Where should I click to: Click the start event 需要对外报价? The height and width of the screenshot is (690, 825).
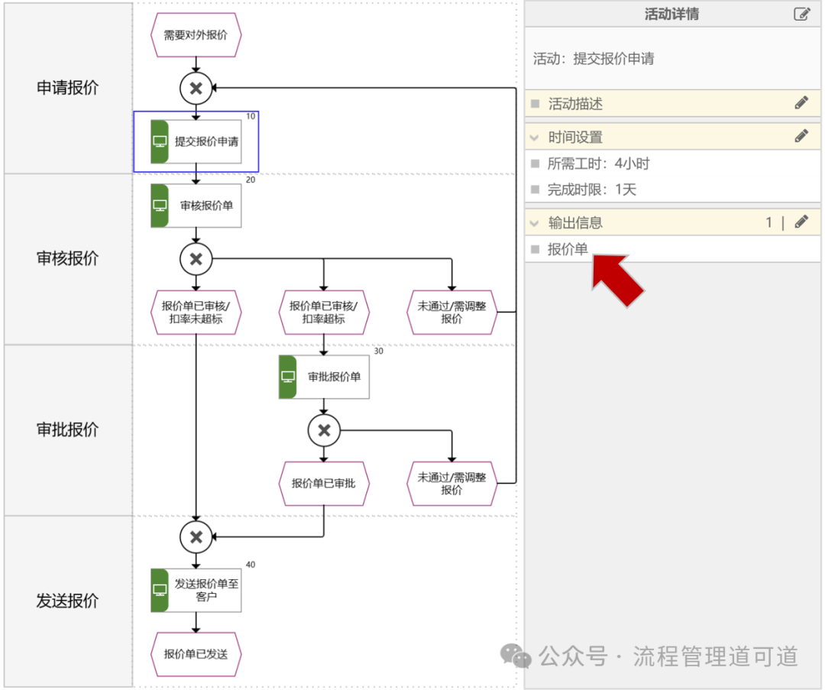(x=196, y=34)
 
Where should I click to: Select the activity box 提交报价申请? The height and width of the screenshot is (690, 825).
(x=196, y=141)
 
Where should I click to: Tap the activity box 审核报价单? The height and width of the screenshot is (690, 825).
(x=196, y=206)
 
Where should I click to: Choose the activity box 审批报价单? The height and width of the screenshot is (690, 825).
(x=325, y=377)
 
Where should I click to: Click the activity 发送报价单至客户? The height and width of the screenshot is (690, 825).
(x=196, y=590)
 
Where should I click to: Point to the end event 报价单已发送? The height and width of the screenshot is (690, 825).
(x=196, y=654)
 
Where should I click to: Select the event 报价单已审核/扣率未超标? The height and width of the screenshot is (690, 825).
(x=196, y=313)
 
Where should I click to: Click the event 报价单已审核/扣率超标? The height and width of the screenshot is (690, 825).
(x=324, y=313)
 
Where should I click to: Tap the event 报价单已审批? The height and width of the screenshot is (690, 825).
(x=324, y=483)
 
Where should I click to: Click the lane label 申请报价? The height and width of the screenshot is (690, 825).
(x=67, y=88)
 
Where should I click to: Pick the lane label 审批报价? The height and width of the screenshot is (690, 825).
(x=67, y=429)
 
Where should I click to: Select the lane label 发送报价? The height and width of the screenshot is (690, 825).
(x=67, y=601)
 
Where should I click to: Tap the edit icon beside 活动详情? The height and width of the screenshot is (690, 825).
(x=801, y=14)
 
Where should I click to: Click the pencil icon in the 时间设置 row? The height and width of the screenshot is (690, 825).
(x=801, y=137)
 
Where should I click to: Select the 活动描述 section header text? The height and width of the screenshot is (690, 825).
(x=575, y=103)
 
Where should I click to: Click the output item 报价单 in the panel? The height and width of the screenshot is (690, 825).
(x=568, y=248)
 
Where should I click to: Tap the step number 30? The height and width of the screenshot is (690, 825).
(x=378, y=351)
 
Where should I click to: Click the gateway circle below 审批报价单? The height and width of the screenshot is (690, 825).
(x=324, y=430)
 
